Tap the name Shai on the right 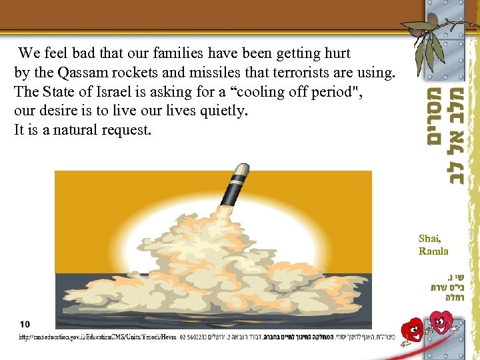click(429, 239)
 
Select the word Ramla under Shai click(433, 251)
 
